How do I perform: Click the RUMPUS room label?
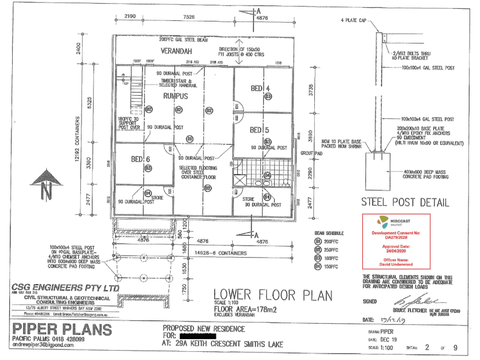(176, 96)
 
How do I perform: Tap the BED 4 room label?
(260, 88)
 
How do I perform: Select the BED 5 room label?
(260, 130)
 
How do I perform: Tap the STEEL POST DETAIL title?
(405, 203)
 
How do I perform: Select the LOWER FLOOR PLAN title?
(272, 296)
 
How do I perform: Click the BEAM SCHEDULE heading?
(326, 233)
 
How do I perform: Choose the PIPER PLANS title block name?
(62, 331)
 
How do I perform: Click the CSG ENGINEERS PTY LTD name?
(64, 288)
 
